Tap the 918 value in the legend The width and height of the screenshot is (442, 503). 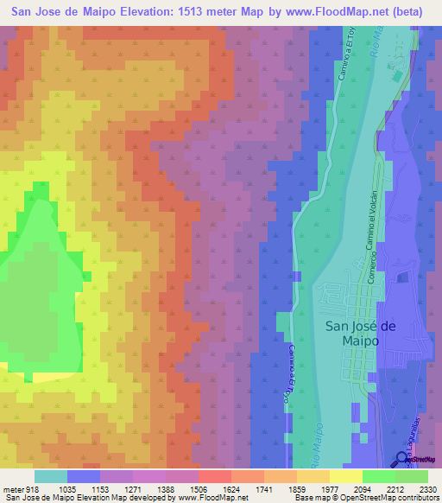31,489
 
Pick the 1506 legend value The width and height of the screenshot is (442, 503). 197,489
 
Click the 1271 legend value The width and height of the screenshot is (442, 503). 132,489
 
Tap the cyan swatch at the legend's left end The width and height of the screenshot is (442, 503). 51,475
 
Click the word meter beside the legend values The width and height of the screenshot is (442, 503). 11,489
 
